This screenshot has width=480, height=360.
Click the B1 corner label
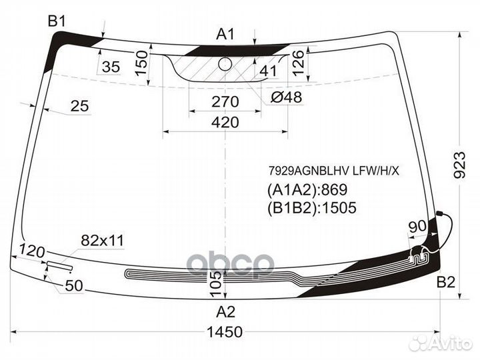[57, 22]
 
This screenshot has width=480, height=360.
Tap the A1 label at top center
[225, 34]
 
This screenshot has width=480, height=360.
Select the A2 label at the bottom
[225, 312]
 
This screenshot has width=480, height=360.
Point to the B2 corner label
[446, 282]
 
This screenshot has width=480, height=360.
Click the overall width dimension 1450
[225, 332]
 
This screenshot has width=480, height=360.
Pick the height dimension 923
[460, 165]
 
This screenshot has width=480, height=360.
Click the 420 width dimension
[225, 122]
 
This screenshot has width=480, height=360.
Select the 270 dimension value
[225, 101]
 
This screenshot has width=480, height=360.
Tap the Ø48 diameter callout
[287, 97]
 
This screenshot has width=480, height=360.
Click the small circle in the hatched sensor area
[225, 64]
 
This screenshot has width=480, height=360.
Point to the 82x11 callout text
[103, 241]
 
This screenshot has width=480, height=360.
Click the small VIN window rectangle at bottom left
[60, 266]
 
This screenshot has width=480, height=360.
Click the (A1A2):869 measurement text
[307, 190]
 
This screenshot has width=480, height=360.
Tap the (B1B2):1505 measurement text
[312, 207]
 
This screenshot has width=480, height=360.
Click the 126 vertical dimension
[298, 63]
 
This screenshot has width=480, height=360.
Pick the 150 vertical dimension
[141, 63]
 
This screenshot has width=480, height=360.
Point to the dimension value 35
[111, 67]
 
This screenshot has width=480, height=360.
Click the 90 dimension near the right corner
[417, 226]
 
